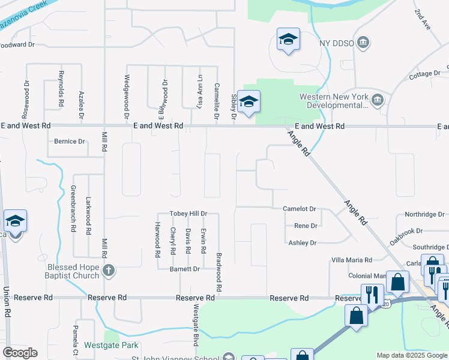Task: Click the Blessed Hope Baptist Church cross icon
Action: coord(109,271)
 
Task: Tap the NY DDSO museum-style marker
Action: coord(363,43)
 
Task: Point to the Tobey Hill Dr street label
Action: coord(188,214)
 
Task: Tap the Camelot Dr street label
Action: coord(300,209)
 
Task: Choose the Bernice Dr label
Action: coord(70,142)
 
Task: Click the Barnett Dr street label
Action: coord(184,269)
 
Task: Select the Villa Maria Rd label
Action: coord(352,260)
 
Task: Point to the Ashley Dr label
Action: coord(302,243)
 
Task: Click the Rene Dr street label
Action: coord(305,226)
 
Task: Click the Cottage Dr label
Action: coord(424,74)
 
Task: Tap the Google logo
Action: coord(20,353)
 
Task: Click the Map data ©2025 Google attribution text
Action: coord(411,355)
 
